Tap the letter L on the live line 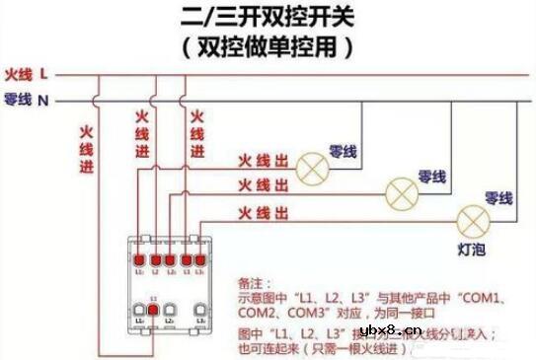pos(45,73)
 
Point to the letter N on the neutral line pos(44,100)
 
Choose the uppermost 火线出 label pos(263,159)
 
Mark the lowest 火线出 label pos(263,213)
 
